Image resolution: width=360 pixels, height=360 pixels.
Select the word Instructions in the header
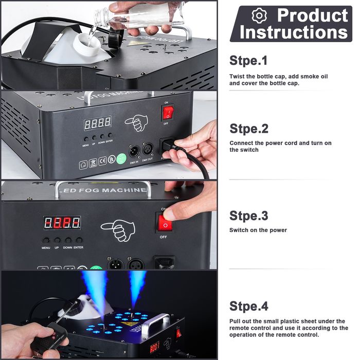tap(294, 32)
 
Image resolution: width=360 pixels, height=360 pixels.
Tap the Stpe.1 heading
tap(248, 61)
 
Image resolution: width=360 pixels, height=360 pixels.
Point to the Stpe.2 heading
tap(249, 128)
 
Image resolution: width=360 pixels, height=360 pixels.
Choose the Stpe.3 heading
tap(249, 215)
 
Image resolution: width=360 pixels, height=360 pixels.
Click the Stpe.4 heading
tap(249, 307)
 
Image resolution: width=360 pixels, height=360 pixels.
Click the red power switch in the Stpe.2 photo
tap(168, 112)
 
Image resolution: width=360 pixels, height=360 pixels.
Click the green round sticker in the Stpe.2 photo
tap(121, 159)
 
